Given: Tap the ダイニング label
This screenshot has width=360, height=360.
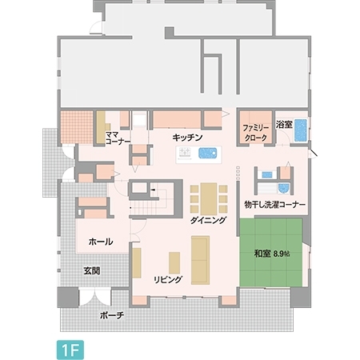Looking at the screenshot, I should tap(209, 219).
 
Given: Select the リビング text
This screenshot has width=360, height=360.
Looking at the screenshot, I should tap(168, 279).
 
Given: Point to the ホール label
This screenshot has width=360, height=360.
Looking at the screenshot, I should tap(100, 241).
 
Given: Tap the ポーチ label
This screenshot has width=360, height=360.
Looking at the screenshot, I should tap(112, 315).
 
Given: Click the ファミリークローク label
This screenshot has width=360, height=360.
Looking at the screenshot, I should tap(255, 133).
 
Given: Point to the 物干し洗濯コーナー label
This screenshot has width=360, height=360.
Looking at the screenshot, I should tap(275, 205).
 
